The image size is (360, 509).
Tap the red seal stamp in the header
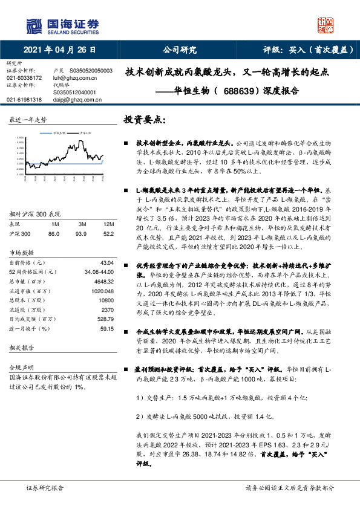[x=325, y=25]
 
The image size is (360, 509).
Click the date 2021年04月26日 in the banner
[x=61, y=50]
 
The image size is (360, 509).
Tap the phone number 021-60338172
[x=25, y=78]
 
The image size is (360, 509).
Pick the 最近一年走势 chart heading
[x=28, y=120]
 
